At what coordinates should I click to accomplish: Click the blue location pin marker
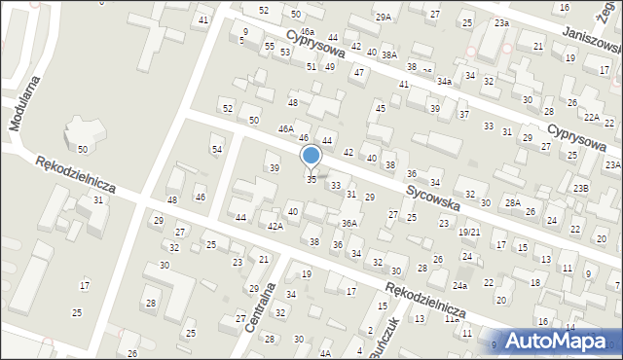311,156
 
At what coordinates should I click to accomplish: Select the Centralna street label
258,306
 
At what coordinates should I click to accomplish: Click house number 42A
275,227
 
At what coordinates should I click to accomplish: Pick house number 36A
348,223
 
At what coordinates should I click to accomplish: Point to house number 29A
384,17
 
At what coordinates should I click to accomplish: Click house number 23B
580,188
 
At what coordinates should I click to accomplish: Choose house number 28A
512,201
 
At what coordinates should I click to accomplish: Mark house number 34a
444,82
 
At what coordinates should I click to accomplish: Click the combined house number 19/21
469,233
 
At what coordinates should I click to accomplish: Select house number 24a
459,286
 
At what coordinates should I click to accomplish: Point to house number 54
217,149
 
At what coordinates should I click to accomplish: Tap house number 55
269,46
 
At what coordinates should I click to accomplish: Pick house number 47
359,72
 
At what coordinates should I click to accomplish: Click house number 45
381,108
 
